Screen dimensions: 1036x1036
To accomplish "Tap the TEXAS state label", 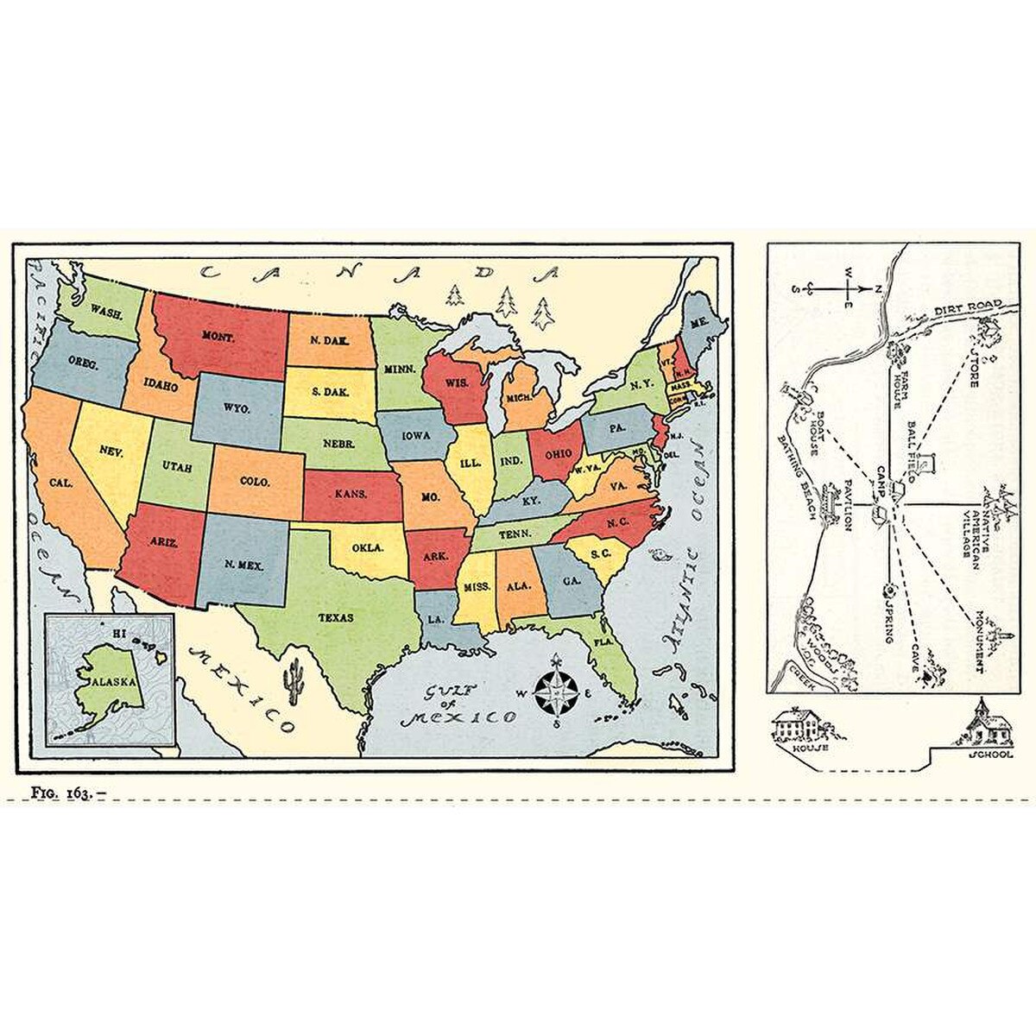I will coord(336,617).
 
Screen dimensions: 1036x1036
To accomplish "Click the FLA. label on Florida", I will coord(602,641).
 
